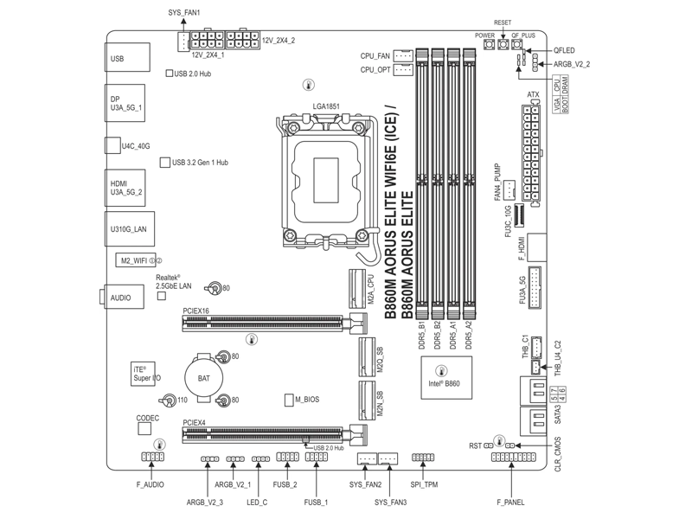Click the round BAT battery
coord(204,378)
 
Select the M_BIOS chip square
coord(290,400)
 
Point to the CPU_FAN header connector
coord(403,56)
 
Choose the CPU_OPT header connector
coord(403,70)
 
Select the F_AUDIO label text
coord(150,485)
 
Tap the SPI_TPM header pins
coord(423,458)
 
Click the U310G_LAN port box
coord(127,229)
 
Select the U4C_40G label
coord(136,146)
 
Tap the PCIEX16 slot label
coord(195,310)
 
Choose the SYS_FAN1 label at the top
coord(183,14)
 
